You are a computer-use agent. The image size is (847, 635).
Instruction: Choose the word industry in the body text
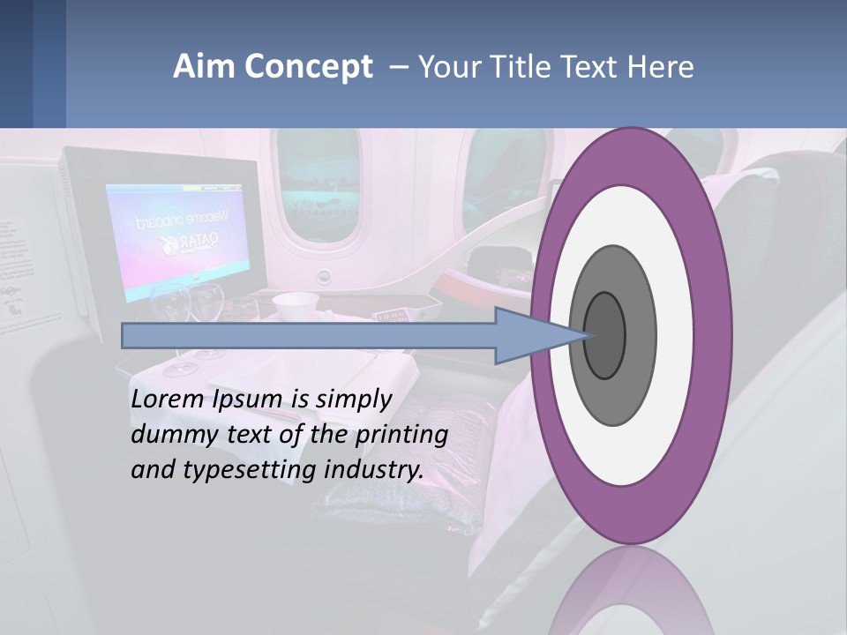[x=374, y=470]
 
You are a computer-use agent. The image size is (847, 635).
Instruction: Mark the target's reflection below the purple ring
[x=631, y=595]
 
